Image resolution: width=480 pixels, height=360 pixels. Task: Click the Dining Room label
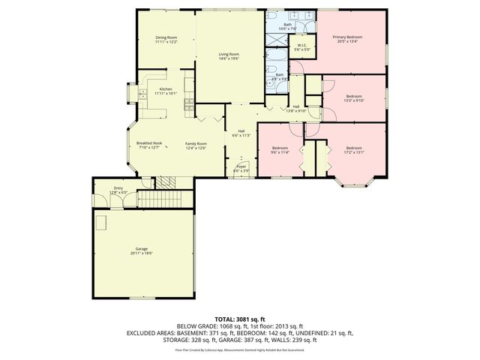click(x=166, y=37)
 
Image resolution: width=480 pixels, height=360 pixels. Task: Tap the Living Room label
click(x=229, y=54)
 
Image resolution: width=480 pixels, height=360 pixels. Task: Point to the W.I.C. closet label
click(x=301, y=46)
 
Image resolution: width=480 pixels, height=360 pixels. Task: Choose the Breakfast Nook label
click(x=150, y=142)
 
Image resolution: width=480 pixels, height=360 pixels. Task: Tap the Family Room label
click(x=196, y=142)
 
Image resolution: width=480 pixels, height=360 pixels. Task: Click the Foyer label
click(x=241, y=166)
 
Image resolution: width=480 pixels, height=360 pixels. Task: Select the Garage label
click(x=140, y=250)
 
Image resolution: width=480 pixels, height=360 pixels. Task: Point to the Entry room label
click(x=118, y=188)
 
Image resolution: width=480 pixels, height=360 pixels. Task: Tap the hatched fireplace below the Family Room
click(x=166, y=182)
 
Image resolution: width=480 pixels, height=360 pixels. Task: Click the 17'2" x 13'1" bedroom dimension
click(x=354, y=152)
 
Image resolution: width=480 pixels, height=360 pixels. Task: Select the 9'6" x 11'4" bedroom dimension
click(x=279, y=152)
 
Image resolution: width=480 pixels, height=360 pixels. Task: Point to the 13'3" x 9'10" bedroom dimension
click(x=353, y=100)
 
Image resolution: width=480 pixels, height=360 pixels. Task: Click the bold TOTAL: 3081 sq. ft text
click(x=239, y=319)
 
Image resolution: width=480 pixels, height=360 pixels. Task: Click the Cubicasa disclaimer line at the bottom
click(x=239, y=349)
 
